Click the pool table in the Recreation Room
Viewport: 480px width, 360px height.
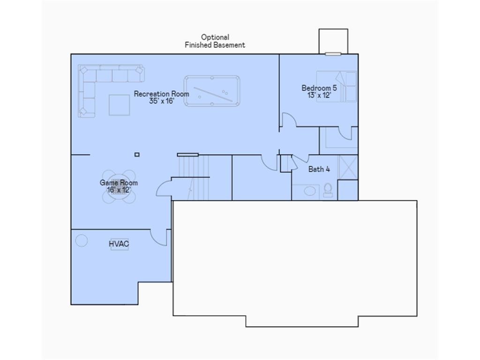click(x=212, y=91)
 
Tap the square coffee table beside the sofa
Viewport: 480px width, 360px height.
click(x=119, y=105)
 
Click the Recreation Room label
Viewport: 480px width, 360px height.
click(x=161, y=94)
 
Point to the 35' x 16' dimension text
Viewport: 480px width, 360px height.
click(x=161, y=101)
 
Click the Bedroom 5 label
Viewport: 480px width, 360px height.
click(x=319, y=88)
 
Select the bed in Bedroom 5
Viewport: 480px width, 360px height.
click(x=337, y=86)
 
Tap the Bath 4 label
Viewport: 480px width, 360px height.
click(x=319, y=169)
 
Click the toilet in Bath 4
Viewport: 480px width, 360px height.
click(x=328, y=190)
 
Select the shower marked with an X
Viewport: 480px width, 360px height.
click(x=348, y=167)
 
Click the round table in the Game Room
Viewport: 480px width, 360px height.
click(x=119, y=186)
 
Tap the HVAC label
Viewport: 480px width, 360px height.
click(x=119, y=244)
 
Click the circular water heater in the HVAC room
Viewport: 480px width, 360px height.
click(x=82, y=240)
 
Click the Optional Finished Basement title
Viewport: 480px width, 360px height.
click(x=215, y=41)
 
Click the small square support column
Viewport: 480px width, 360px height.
click(x=137, y=154)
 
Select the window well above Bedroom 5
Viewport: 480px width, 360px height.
click(x=333, y=41)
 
